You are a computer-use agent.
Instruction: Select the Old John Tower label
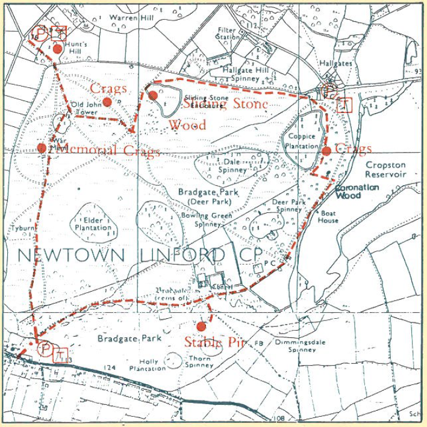tap(84, 108)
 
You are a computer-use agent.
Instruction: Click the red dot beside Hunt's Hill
tap(57, 49)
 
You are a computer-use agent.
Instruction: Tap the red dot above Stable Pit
tap(201, 327)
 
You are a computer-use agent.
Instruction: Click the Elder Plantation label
tap(93, 224)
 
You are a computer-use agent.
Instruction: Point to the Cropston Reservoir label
tap(385, 170)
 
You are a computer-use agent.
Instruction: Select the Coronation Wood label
tap(357, 191)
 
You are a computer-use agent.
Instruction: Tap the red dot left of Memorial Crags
tap(42, 148)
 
